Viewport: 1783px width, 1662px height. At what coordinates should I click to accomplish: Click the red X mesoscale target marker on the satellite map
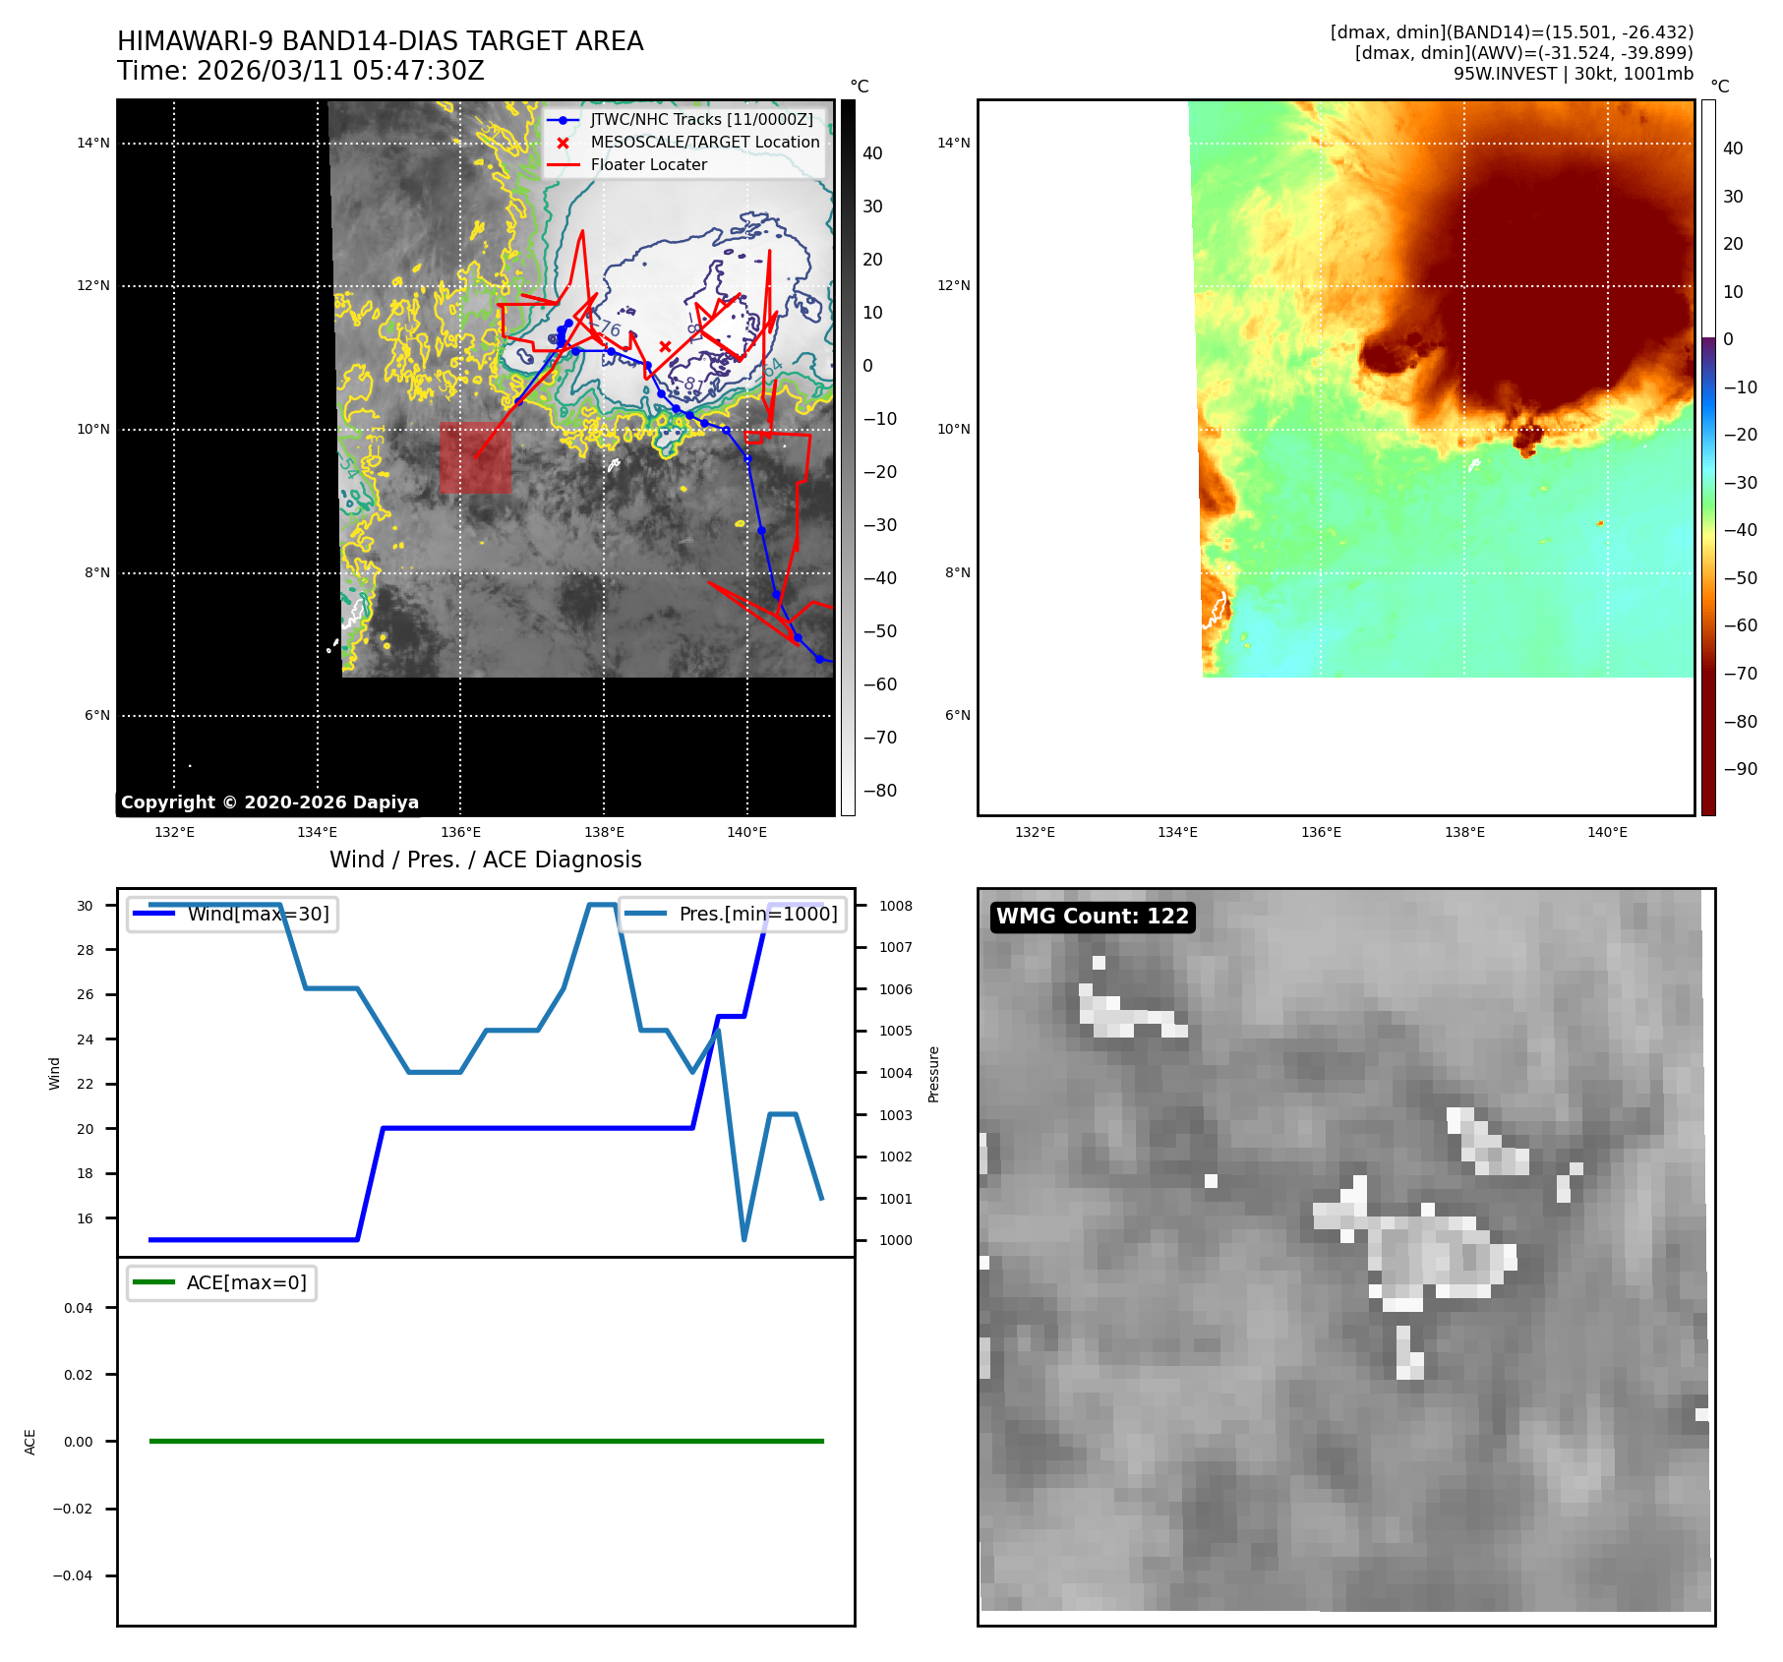666,346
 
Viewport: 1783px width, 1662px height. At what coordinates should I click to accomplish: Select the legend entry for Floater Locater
648,165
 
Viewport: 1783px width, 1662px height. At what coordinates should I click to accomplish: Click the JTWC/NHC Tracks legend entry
701,120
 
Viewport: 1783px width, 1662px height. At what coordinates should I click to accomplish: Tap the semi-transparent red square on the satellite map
475,457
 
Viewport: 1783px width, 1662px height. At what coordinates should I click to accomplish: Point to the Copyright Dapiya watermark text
269,802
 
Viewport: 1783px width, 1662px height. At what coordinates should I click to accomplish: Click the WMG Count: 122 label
1093,917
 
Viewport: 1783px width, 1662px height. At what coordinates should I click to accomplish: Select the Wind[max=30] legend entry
258,914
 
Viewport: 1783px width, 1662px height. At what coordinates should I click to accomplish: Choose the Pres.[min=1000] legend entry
757,914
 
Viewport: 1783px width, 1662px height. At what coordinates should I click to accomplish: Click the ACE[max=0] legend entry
246,1282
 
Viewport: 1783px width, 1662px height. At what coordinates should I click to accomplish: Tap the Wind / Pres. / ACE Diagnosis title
485,860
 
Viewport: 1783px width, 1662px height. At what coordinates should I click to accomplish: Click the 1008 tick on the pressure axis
896,906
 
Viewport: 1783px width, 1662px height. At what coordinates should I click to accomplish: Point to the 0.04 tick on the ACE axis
79,1308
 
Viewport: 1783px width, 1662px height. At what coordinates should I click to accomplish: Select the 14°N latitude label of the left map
93,144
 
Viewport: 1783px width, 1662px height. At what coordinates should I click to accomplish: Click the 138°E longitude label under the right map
1464,833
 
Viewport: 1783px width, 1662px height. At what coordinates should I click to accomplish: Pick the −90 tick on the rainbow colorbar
1740,769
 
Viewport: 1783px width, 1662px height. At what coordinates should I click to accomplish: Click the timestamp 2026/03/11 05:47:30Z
340,72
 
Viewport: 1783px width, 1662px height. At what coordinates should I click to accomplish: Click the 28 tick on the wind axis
86,950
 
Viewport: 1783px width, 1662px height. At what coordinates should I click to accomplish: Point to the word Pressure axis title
933,1074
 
